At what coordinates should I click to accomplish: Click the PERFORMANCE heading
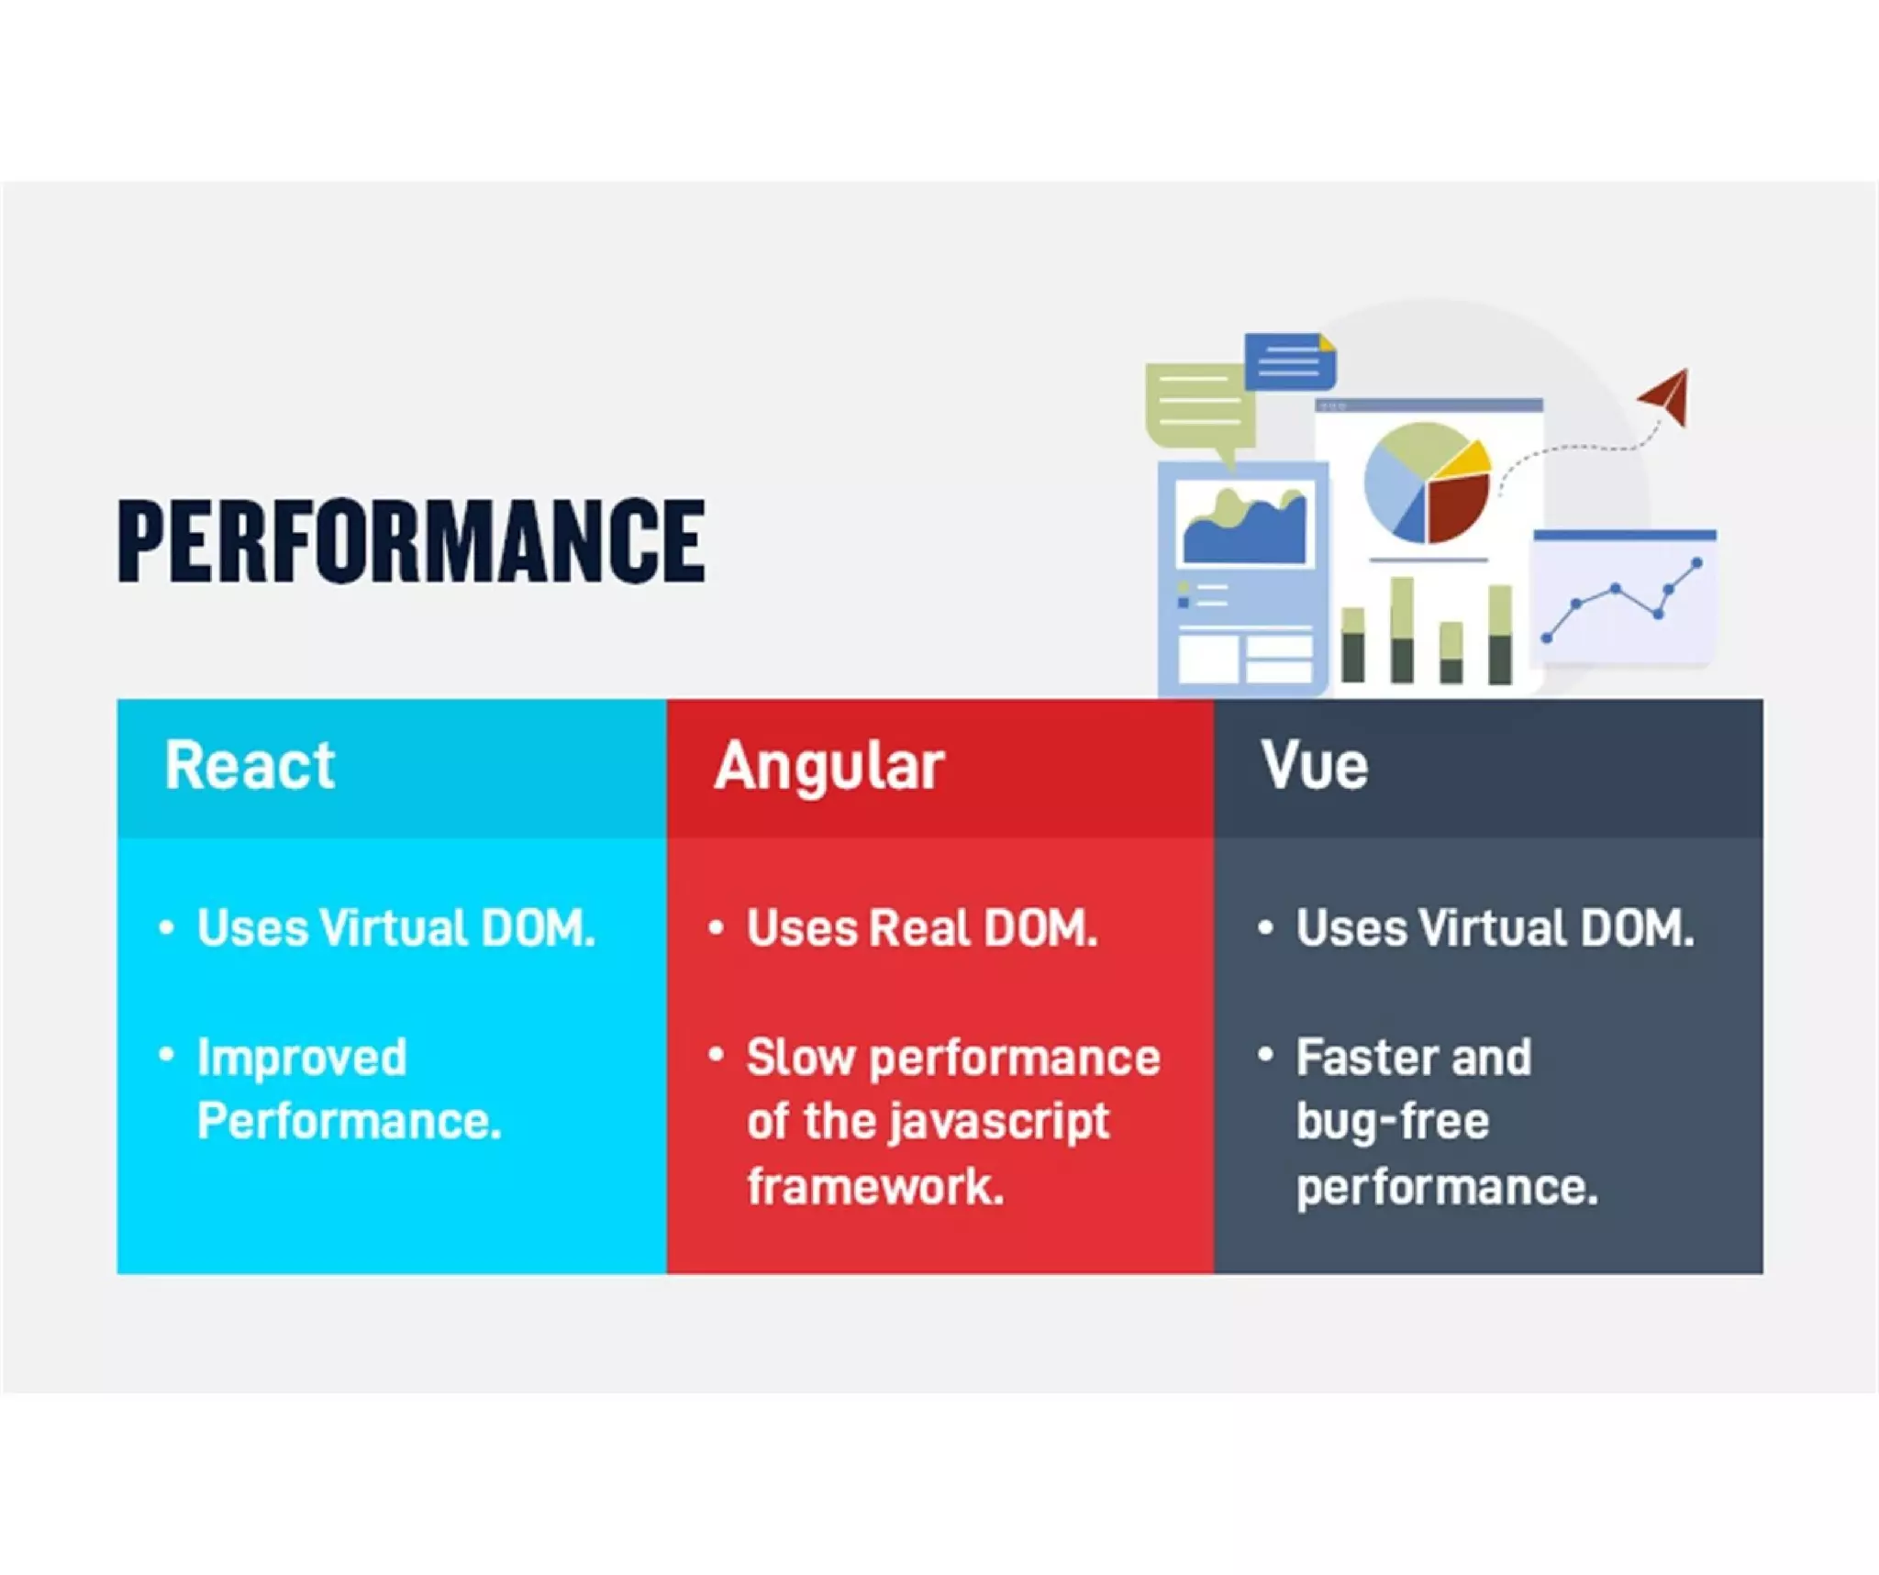point(411,541)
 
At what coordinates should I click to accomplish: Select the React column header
point(250,765)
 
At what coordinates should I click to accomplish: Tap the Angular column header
point(828,765)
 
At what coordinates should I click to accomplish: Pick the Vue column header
point(1314,765)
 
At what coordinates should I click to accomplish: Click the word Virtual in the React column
point(393,927)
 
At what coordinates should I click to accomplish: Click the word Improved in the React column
point(302,1058)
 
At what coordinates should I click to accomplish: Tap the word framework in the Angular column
point(874,1186)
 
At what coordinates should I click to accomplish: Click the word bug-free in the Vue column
point(1392,1122)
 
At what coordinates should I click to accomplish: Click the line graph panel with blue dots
point(1622,596)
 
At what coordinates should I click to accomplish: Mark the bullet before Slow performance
point(717,1055)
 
